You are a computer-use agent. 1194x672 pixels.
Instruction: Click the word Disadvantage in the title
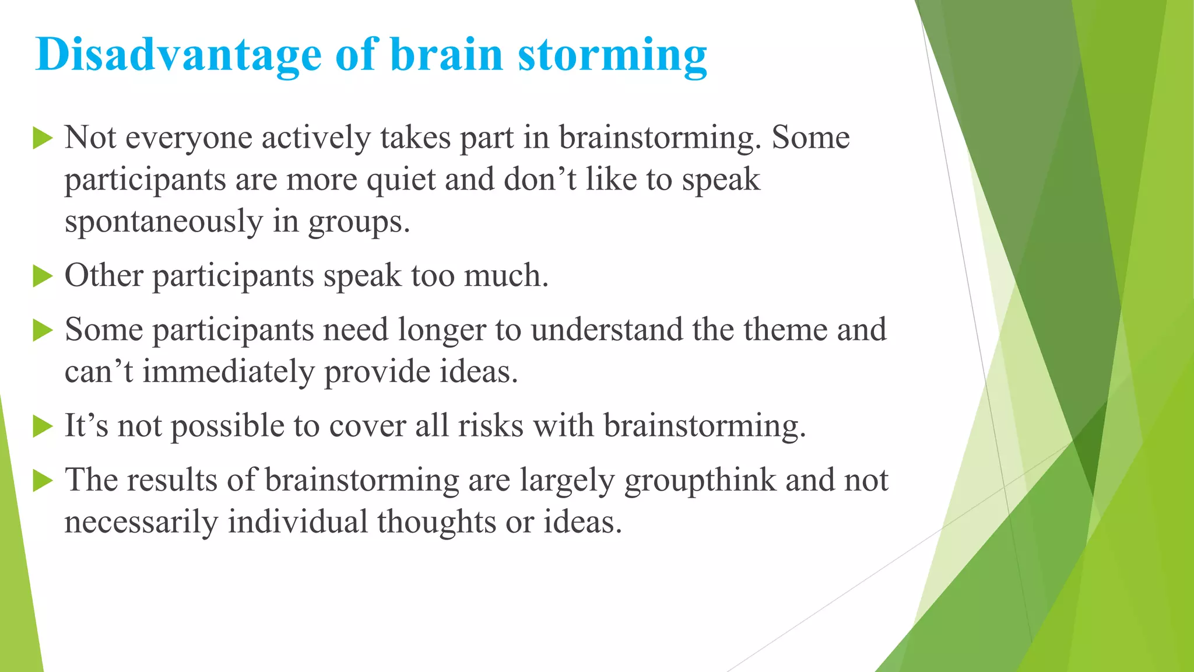(178, 55)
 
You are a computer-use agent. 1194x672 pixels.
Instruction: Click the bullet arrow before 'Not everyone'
(43, 138)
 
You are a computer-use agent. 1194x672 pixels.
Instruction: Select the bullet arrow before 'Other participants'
(43, 276)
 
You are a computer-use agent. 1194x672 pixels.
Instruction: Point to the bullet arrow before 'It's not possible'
(43, 426)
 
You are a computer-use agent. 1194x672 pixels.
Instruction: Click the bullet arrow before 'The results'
(43, 481)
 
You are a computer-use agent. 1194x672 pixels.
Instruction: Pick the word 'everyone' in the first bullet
(189, 139)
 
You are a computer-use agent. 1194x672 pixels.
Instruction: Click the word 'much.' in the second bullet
(506, 276)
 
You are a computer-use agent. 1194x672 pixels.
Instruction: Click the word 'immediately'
(229, 372)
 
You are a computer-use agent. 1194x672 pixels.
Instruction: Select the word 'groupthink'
(700, 481)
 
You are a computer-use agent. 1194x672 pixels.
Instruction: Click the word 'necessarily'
(141, 523)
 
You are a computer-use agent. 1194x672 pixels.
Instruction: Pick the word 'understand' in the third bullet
(606, 330)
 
